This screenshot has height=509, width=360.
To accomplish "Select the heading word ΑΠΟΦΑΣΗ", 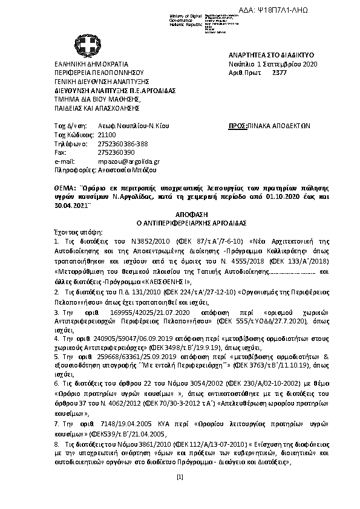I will tap(180, 214).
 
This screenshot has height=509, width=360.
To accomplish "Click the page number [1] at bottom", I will tap(180, 494).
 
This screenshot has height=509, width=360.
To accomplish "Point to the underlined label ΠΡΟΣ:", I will tap(236, 126).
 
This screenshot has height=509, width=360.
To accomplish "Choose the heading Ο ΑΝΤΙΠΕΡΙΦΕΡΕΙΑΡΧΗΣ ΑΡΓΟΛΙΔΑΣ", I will tap(180, 222).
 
